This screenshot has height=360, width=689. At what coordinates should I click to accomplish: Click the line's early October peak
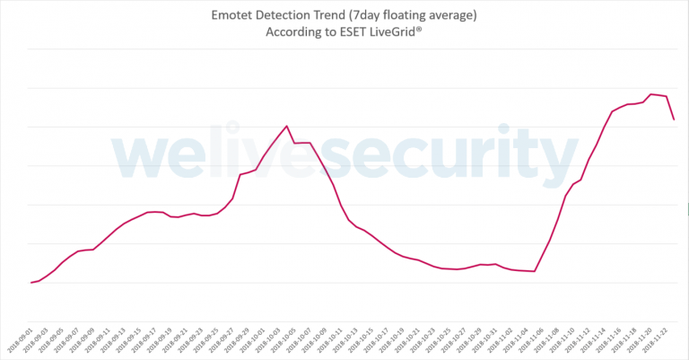(286, 126)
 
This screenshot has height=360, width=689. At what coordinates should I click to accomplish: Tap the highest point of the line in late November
(650, 94)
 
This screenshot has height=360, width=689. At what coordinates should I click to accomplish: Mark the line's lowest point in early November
(535, 271)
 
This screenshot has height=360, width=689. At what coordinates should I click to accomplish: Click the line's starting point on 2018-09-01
(31, 283)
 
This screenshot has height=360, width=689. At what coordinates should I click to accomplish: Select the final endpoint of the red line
(674, 119)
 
